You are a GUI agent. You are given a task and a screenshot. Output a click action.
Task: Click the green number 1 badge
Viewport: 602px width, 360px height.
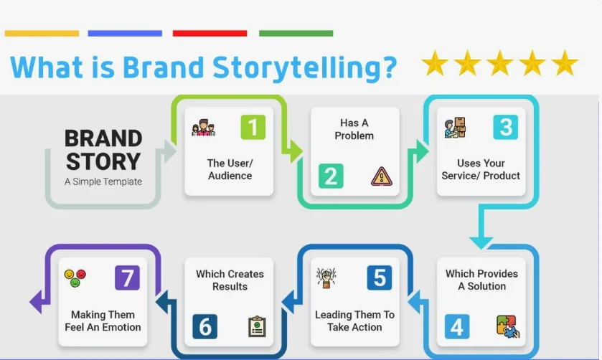pos(253,127)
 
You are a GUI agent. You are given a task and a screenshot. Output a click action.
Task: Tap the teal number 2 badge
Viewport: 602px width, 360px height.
pos(331,176)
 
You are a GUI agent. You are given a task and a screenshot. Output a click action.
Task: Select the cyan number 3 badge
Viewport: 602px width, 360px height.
pos(506,127)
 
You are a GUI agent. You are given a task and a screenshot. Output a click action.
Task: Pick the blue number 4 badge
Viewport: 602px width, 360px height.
pos(457,326)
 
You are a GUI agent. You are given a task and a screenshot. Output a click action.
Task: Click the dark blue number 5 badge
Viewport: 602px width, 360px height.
pos(380,278)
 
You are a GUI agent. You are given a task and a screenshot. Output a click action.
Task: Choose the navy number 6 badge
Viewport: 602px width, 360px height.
pos(205,326)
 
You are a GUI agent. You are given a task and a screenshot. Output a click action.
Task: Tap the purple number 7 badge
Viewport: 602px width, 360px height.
pos(128,278)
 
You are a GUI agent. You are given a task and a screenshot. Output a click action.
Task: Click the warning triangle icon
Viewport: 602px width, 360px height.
pos(382,176)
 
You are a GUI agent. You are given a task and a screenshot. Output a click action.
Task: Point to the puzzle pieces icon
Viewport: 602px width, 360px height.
pos(507,326)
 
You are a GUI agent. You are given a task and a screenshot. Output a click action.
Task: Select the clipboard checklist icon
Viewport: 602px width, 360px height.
pos(258,326)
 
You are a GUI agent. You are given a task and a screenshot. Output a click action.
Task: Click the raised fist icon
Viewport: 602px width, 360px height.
pos(326,278)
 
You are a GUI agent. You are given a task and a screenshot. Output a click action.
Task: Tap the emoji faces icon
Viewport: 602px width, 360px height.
pos(75,278)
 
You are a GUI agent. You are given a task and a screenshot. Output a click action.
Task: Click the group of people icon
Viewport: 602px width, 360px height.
pos(204,128)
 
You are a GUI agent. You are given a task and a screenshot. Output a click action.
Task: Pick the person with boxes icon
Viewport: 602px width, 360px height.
pos(456,128)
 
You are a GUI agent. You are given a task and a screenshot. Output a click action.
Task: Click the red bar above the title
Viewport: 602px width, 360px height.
pos(210,34)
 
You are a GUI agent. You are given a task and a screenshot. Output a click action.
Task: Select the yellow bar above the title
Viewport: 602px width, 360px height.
pos(42,34)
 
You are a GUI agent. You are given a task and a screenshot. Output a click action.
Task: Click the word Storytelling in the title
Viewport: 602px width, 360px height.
pos(305,68)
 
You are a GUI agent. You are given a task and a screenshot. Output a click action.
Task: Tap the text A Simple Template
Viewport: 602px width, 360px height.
pos(103,181)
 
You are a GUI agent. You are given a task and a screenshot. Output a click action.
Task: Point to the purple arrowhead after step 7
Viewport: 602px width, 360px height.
pos(37,302)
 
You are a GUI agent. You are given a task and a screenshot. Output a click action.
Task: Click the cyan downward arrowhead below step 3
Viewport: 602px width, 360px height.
pos(481,243)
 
